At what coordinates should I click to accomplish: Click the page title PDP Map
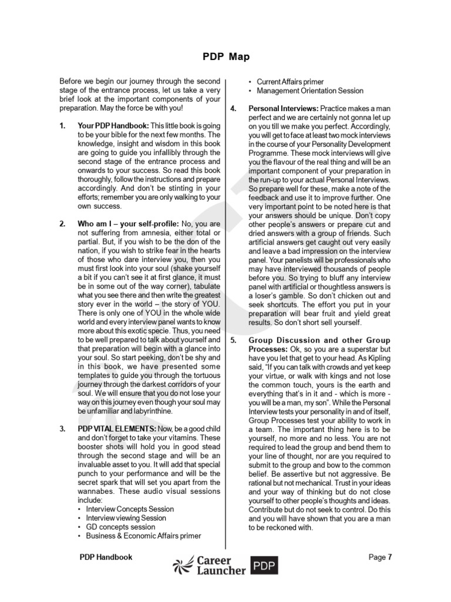pyautogui.click(x=225, y=57)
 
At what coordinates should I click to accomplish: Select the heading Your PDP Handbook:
pyautogui.click(x=113, y=126)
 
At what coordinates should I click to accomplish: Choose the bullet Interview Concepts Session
pyautogui.click(x=130, y=509)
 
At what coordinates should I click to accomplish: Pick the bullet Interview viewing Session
pyautogui.click(x=126, y=518)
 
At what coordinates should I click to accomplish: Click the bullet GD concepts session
pyautogui.click(x=120, y=527)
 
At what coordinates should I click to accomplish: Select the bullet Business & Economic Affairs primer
pyautogui.click(x=143, y=536)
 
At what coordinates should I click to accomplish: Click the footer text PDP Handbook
pyautogui.click(x=106, y=557)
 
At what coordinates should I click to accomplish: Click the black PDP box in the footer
pyautogui.click(x=264, y=566)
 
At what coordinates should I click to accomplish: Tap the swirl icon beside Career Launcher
pyautogui.click(x=183, y=566)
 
